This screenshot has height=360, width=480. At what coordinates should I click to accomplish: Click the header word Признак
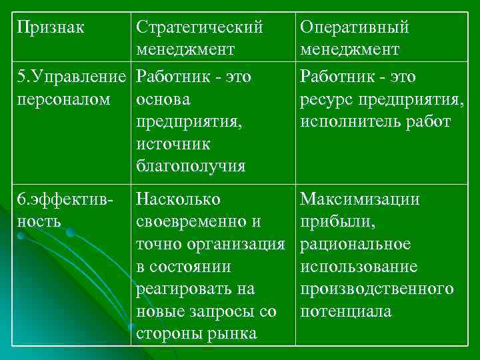(x=52, y=27)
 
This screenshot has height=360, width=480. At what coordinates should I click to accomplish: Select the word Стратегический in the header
(x=199, y=27)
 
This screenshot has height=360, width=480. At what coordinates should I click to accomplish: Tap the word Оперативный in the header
(x=355, y=27)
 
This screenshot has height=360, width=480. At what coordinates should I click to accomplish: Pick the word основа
(x=163, y=99)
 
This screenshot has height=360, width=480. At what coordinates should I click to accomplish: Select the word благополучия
(x=190, y=165)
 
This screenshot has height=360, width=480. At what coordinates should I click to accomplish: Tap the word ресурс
(x=325, y=99)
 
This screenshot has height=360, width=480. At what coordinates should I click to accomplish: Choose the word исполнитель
(x=347, y=121)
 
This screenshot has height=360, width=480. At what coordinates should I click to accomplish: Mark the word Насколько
(x=178, y=199)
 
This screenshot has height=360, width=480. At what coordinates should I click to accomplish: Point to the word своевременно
(x=190, y=221)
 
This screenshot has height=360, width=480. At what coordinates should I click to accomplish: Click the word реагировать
(x=185, y=289)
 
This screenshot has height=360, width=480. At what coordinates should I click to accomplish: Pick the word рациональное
(x=355, y=244)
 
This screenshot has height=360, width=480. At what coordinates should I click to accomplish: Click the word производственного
(x=377, y=289)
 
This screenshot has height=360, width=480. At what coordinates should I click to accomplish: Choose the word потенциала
(x=345, y=311)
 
